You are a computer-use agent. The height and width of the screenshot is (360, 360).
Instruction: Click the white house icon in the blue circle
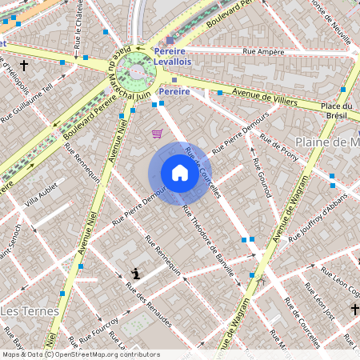tap(179, 173)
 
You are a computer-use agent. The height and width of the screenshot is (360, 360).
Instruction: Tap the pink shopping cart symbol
tap(158, 134)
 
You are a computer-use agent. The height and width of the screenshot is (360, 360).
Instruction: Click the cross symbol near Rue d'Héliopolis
tap(24, 66)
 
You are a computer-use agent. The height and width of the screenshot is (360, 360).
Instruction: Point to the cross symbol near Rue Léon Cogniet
tap(354, 309)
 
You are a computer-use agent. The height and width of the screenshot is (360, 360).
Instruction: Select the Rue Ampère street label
tap(265, 52)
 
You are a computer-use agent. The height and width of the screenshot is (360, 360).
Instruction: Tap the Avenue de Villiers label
tap(264, 96)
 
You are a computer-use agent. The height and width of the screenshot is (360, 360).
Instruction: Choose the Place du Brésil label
tap(336, 110)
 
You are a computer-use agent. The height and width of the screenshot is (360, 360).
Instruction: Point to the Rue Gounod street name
tap(259, 178)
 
